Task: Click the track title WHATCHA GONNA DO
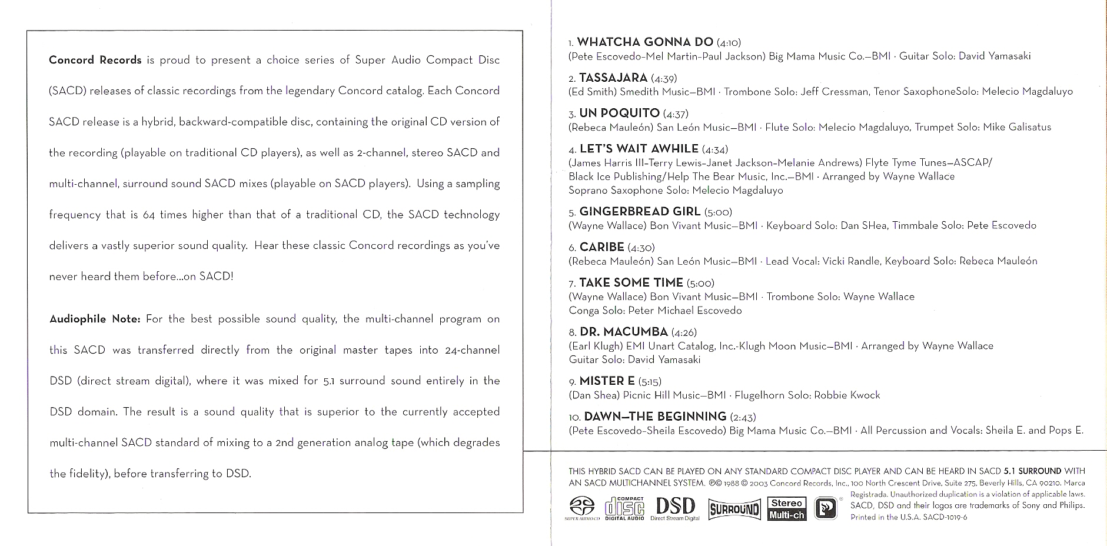click(645, 42)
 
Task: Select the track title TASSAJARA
click(613, 78)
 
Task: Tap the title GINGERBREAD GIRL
click(640, 211)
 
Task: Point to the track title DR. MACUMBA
click(624, 332)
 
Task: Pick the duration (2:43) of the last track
click(743, 417)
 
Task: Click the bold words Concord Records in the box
click(95, 60)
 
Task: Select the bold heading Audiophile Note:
click(95, 319)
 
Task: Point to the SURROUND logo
click(734, 509)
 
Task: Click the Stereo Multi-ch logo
click(787, 509)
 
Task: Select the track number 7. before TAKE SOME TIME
click(572, 284)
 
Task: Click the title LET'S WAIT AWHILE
click(639, 149)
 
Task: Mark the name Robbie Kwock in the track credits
click(847, 395)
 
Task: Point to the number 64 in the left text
click(148, 215)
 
